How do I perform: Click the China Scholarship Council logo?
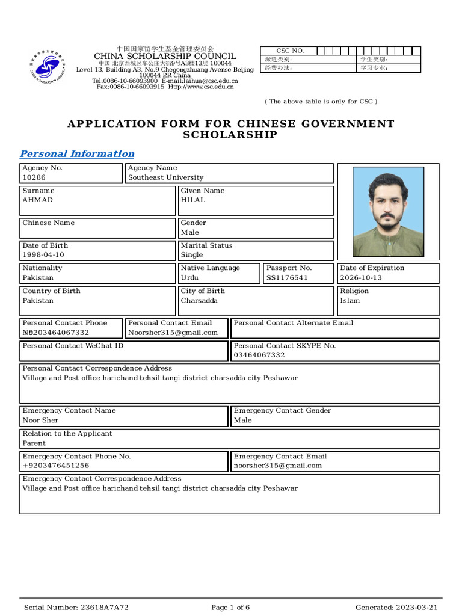click(x=48, y=67)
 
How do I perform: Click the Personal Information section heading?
click(x=77, y=154)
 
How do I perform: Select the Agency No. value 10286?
click(x=34, y=178)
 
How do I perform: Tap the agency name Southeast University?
click(x=165, y=178)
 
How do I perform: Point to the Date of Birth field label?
click(x=45, y=245)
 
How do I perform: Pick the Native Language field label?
click(x=210, y=268)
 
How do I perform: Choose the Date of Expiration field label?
click(x=372, y=268)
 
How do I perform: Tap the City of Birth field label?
click(x=203, y=291)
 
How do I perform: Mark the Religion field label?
click(x=354, y=291)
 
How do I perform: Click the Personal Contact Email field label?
click(x=170, y=323)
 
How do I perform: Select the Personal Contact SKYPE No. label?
click(x=285, y=346)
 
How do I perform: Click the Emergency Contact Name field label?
click(x=69, y=411)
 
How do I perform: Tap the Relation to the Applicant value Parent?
click(x=34, y=443)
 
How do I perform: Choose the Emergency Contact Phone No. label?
click(x=76, y=457)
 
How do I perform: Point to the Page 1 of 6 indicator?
click(x=230, y=608)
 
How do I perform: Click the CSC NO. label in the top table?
click(x=290, y=51)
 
